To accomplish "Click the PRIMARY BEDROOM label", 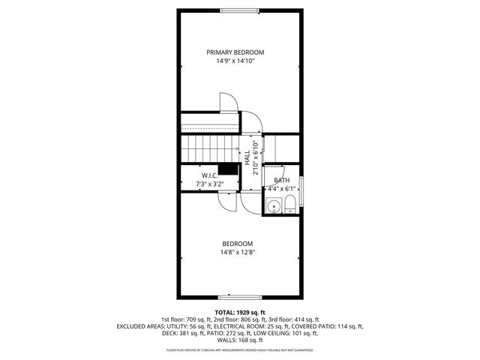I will (235, 52).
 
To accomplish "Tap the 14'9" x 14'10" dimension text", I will (235, 61).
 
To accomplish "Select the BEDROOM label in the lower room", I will (237, 244).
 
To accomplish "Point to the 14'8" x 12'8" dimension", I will (237, 253).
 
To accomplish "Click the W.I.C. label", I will (209, 175).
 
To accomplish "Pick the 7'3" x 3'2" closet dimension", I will (210, 184).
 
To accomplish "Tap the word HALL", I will (247, 157).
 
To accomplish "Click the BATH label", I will (281, 181).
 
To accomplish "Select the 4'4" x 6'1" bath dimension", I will (282, 189).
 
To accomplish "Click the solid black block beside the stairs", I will (229, 170).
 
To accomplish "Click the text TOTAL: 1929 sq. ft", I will (240, 312).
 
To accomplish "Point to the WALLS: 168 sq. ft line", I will (240, 341).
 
